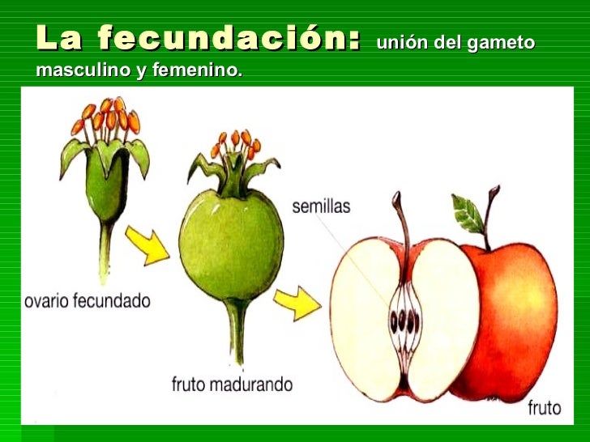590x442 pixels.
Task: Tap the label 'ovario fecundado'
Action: (88, 300)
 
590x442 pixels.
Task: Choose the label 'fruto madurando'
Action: (232, 384)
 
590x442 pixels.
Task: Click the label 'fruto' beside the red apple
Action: (543, 407)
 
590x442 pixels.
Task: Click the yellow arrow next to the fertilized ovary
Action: (150, 244)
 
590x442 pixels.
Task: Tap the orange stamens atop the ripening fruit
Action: (236, 145)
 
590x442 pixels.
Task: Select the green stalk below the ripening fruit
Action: (237, 331)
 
